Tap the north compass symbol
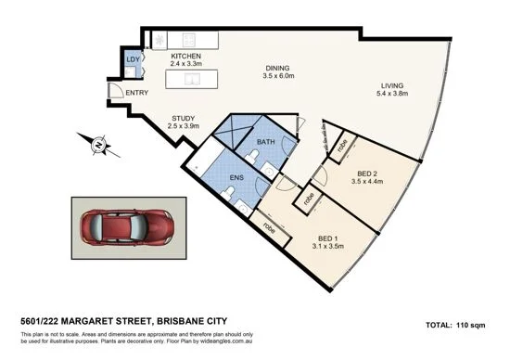pos(99,144)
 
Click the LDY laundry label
pos(133,61)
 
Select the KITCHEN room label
pos(186,57)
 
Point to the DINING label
pos(277,69)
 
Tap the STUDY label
pos(184,118)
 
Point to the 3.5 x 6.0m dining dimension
pos(277,78)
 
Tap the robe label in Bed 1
pos(269,225)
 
